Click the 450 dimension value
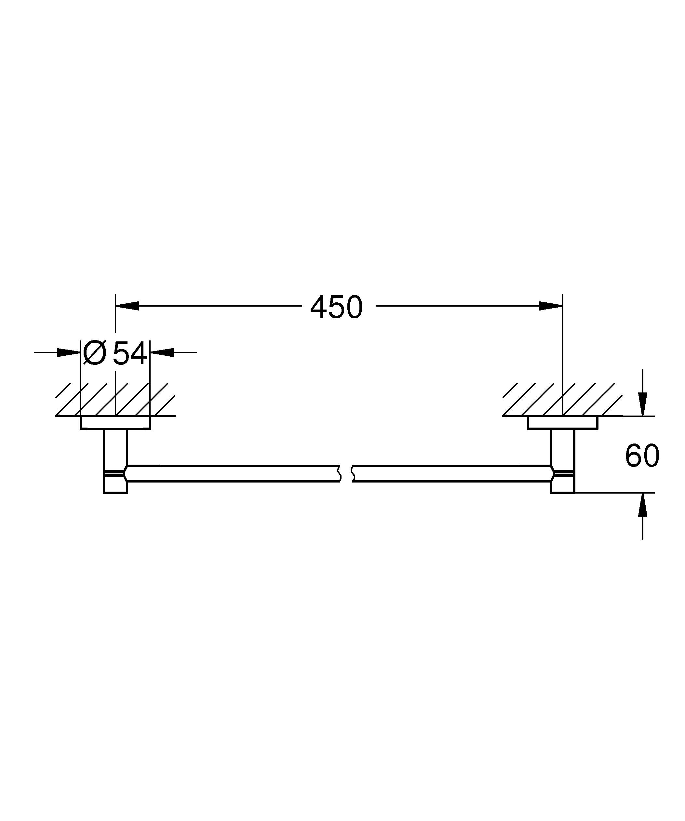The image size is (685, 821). point(336,307)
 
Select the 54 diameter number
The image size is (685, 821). point(130,353)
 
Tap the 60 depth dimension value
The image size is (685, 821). point(642,456)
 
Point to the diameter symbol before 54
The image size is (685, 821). point(95,353)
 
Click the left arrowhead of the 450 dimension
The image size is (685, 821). point(128,306)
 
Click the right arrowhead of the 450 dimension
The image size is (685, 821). point(550,306)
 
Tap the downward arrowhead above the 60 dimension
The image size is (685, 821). point(643,404)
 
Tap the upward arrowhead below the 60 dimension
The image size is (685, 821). point(643,505)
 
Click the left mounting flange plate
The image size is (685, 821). point(115,423)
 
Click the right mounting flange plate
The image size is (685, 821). point(563,423)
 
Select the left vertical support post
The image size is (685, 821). point(115,450)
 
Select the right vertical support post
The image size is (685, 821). point(563,450)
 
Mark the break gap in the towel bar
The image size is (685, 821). point(346,473)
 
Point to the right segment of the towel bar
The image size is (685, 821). point(450,473)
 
